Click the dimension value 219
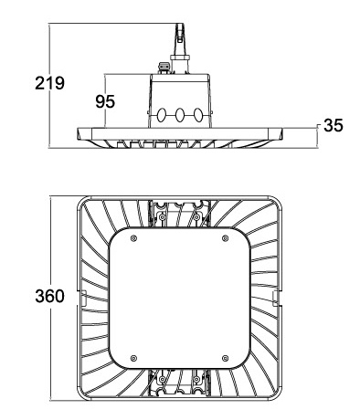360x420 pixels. tap(49, 83)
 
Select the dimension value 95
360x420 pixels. tap(105, 101)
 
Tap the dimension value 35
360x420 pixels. tap(334, 125)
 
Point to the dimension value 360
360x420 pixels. tap(49, 296)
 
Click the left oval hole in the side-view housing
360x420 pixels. tap(162, 115)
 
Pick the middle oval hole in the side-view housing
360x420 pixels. tap(180, 115)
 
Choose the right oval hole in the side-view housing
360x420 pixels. tap(198, 115)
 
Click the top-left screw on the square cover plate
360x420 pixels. tap(133, 238)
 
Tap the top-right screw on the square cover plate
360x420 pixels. tap(225, 238)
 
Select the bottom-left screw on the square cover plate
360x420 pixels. tap(133, 358)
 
